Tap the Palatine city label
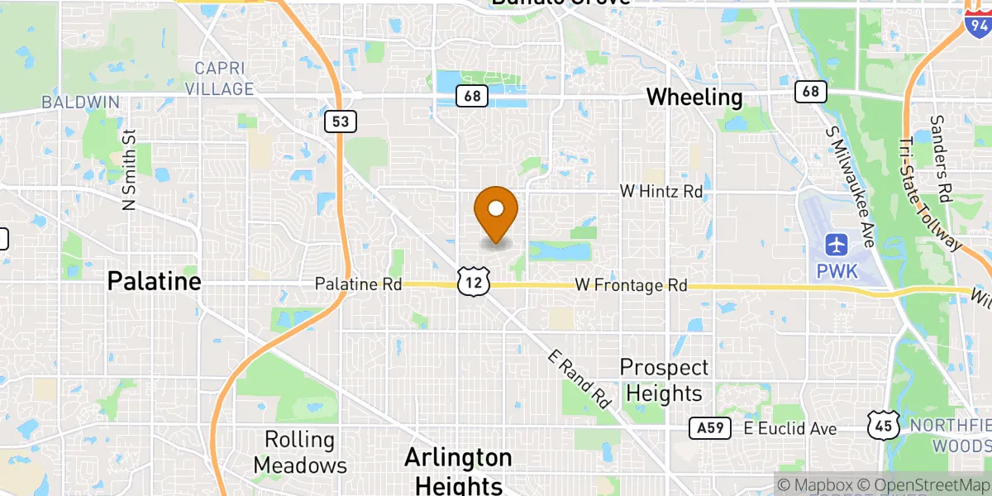(154, 282)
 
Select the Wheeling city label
(694, 97)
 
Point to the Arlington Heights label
(458, 470)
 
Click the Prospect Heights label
(665, 379)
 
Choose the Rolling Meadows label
(300, 452)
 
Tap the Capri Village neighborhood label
(219, 77)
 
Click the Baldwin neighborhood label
(81, 103)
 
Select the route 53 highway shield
(341, 122)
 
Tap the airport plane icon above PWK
(837, 245)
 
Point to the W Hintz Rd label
(661, 191)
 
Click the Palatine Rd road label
(358, 284)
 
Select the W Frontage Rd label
(631, 285)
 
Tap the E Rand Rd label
(579, 379)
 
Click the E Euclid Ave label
(790, 428)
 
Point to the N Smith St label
(129, 170)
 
